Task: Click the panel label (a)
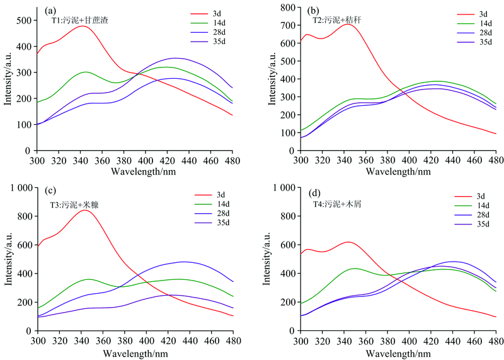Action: click(x=52, y=11)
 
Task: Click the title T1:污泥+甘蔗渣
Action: click(x=80, y=20)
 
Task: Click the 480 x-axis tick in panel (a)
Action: click(x=232, y=160)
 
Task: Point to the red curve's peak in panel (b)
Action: click(x=347, y=24)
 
